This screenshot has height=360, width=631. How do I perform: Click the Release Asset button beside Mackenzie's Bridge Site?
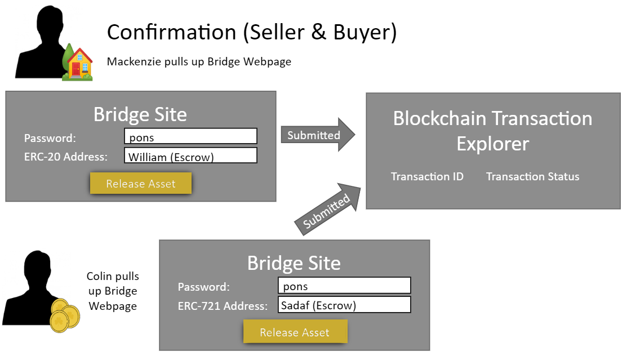(141, 184)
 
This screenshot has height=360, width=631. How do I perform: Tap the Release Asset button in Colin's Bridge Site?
(295, 332)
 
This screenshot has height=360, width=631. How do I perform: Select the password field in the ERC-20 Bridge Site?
(191, 136)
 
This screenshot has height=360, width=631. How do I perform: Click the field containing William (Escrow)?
(191, 155)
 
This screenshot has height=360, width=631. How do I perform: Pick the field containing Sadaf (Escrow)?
(344, 304)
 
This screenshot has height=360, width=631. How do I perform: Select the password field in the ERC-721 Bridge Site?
(344, 286)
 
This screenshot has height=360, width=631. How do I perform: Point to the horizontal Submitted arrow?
(318, 135)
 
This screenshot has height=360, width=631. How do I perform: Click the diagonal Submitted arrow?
(328, 209)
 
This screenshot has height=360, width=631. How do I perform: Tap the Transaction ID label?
(427, 176)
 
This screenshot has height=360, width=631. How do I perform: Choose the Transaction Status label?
(532, 176)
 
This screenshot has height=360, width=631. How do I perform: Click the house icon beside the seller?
(78, 63)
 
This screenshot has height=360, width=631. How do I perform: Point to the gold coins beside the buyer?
(64, 315)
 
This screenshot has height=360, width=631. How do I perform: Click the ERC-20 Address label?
(65, 157)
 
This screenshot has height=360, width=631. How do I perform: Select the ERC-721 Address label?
(223, 306)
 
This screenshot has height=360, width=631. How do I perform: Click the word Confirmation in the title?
(171, 32)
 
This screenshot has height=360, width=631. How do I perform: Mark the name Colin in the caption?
(99, 276)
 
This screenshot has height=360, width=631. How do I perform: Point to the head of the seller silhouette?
(50, 23)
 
